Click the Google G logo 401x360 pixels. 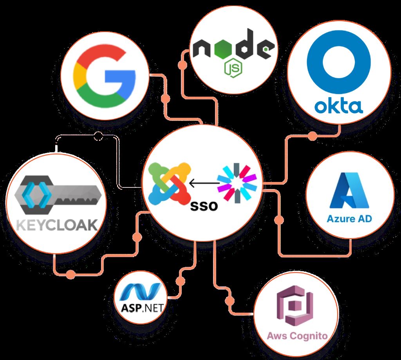104,77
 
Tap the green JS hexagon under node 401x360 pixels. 233,68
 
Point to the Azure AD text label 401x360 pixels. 349,219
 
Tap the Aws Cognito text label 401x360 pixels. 297,335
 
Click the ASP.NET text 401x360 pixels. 142,308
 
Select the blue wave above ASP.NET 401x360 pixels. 141,292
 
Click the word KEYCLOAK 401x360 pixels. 57,225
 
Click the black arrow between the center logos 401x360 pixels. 204,183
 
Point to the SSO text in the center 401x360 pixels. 204,206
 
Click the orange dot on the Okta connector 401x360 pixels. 312,136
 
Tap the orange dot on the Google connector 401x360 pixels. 166,99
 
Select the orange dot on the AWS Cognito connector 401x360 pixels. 229,301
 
